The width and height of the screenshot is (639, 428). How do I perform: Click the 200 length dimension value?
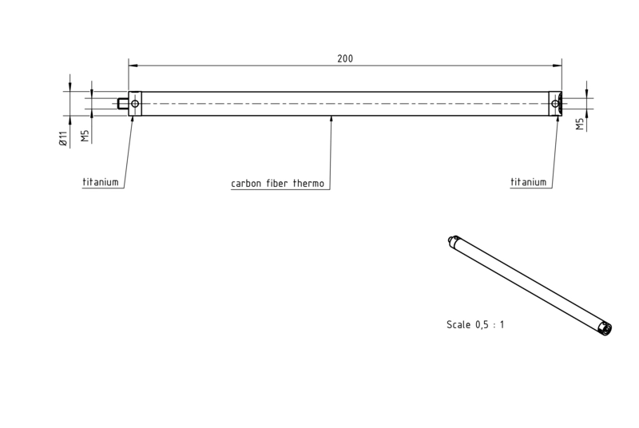point(345,58)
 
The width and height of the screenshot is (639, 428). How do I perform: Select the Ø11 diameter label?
point(62,138)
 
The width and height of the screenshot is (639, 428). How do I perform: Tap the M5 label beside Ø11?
point(85,136)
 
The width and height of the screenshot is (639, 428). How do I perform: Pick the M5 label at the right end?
point(580,125)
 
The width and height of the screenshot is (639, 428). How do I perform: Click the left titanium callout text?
point(101,182)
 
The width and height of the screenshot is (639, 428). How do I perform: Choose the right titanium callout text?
point(528,182)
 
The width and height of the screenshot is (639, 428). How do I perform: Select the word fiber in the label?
point(277,183)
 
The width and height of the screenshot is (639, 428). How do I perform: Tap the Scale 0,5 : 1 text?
point(475,324)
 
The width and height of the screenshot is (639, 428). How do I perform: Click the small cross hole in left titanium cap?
point(135,104)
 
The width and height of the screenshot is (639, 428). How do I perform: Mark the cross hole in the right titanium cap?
point(555,104)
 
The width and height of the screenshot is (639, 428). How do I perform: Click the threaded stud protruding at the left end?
point(123,104)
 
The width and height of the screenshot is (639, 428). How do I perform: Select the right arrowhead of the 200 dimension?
point(557,65)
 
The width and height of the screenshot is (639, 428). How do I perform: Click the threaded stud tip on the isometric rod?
point(450,240)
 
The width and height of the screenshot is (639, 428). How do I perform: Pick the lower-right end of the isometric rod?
point(606,329)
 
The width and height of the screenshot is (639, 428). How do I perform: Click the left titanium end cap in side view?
point(135,104)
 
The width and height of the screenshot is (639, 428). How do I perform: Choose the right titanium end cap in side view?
point(555,104)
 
